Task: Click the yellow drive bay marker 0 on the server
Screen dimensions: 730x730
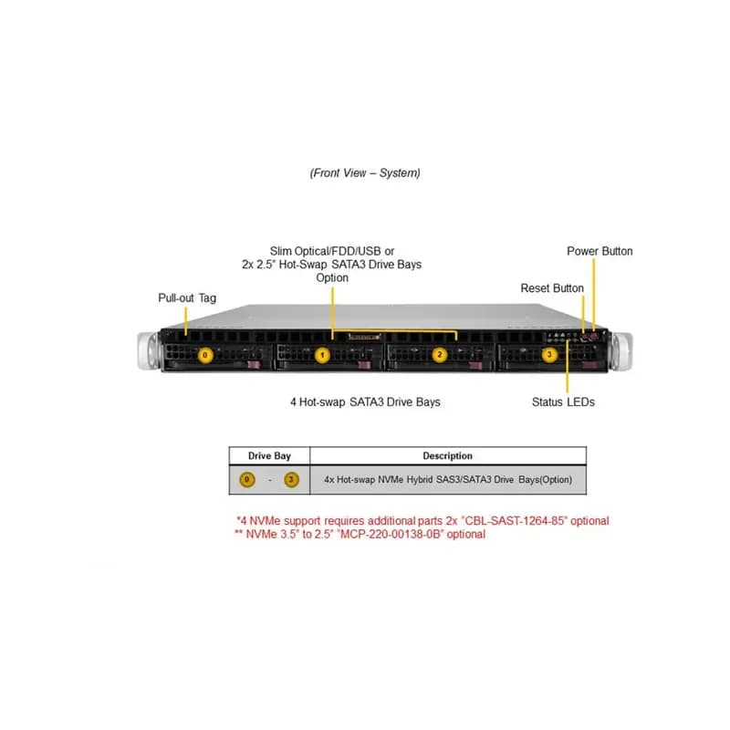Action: tap(205, 355)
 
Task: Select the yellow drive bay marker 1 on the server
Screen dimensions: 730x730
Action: tap(322, 355)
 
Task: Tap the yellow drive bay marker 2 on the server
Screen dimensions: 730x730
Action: tap(440, 355)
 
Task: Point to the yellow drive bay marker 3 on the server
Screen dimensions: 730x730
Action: tap(549, 355)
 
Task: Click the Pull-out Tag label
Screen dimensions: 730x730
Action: tap(187, 298)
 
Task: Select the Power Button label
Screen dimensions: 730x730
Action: tap(600, 252)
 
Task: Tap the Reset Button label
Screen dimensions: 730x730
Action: tap(552, 288)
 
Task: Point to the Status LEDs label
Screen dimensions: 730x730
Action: tap(563, 401)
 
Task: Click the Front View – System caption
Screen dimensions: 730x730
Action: tap(365, 173)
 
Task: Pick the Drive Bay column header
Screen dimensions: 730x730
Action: tap(269, 455)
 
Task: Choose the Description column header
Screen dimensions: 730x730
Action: tap(447, 455)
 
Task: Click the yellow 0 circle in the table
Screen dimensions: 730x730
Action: tap(247, 480)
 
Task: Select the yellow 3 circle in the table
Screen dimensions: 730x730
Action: tap(291, 480)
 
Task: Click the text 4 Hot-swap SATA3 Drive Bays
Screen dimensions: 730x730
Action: tap(366, 401)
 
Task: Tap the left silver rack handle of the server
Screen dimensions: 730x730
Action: tap(149, 351)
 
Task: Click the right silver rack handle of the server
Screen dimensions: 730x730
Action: tap(621, 351)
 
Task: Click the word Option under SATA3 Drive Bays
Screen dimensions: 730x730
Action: tap(332, 278)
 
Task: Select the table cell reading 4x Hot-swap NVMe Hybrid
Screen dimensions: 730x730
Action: tap(448, 480)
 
